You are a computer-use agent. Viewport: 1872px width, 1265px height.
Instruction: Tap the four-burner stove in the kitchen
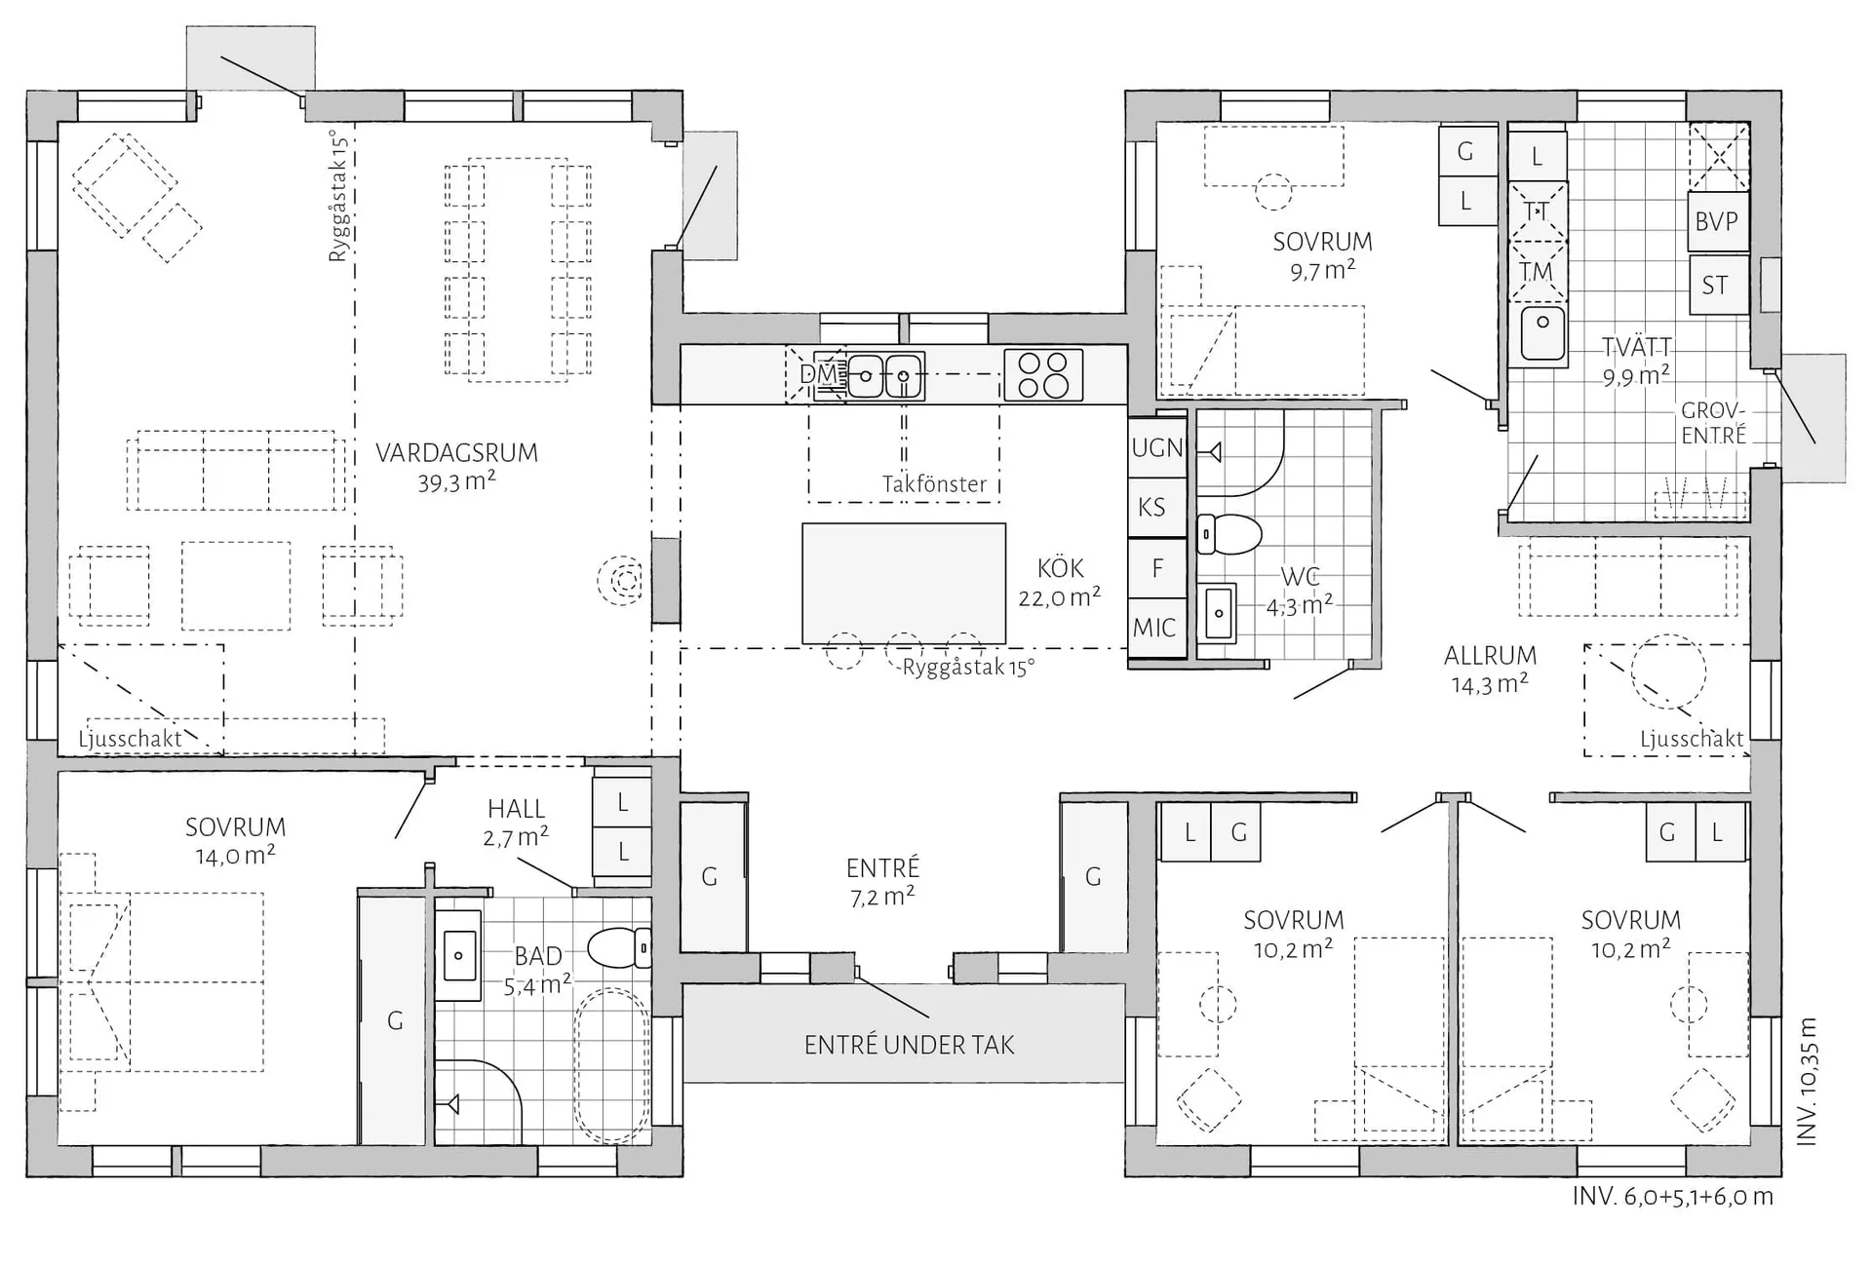tap(1043, 375)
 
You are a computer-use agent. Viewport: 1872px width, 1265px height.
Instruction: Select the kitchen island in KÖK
tap(904, 584)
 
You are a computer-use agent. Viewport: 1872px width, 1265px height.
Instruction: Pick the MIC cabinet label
tap(1154, 629)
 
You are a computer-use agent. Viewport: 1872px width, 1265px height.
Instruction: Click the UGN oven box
tap(1157, 447)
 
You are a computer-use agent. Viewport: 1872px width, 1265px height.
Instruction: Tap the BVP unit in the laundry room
tap(1717, 221)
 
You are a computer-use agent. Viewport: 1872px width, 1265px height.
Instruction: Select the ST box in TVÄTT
tap(1717, 285)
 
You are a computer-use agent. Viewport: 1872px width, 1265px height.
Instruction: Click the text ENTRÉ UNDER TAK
tap(909, 1046)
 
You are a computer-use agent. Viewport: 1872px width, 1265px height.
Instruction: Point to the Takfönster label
tap(934, 484)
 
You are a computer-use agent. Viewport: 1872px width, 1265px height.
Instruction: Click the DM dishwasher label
tap(818, 374)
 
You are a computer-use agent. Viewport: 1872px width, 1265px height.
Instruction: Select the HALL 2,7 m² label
tap(516, 823)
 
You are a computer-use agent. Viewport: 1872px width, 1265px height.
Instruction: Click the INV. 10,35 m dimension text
tap(1806, 1081)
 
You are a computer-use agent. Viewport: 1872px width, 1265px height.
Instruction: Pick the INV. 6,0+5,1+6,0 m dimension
tap(1672, 1197)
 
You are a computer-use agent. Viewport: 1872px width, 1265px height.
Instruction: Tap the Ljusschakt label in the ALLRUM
tap(1692, 739)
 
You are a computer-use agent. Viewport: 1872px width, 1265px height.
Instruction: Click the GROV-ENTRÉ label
tap(1713, 423)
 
